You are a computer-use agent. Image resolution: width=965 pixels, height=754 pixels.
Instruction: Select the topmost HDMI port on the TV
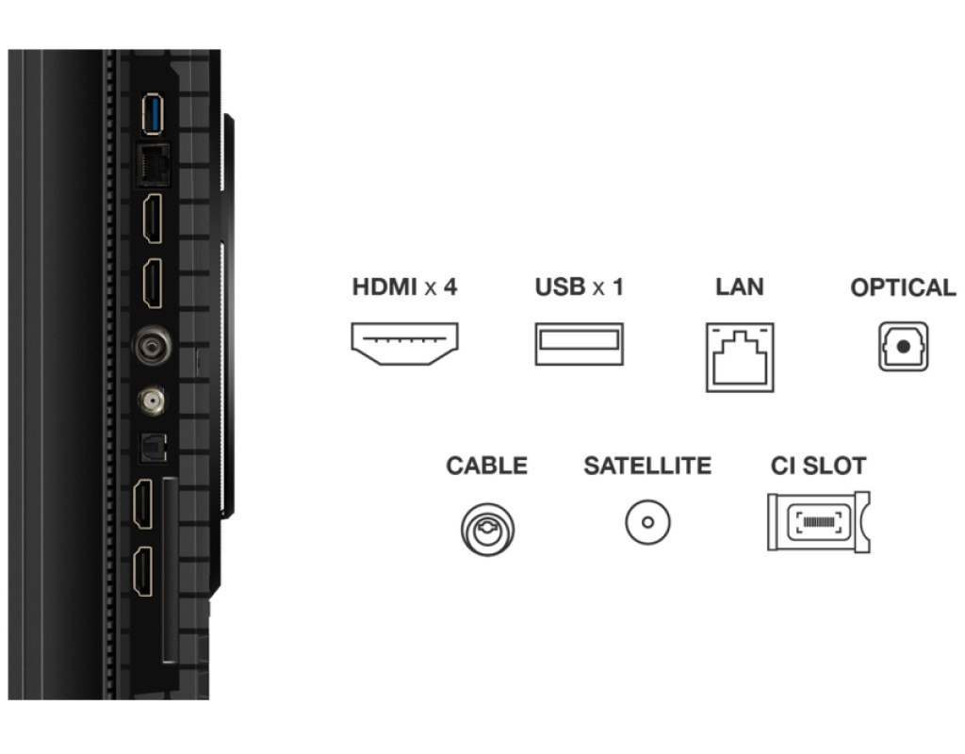(x=152, y=220)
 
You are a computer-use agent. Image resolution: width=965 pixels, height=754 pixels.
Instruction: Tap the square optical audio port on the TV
(x=152, y=450)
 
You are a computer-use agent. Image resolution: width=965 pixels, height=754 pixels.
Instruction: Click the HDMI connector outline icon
(x=404, y=344)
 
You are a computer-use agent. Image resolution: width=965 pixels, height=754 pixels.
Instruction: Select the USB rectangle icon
(x=579, y=344)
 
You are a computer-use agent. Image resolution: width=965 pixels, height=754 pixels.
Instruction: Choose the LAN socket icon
(x=740, y=356)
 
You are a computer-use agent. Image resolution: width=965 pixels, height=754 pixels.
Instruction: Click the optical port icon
(x=903, y=346)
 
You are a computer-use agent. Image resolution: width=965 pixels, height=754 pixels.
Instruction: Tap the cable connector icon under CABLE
(x=487, y=528)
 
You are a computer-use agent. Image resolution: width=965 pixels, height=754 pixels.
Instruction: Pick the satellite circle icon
(x=647, y=522)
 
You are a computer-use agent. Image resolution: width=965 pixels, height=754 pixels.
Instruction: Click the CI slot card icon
(x=817, y=521)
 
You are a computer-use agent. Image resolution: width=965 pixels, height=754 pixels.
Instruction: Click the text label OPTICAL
(x=903, y=288)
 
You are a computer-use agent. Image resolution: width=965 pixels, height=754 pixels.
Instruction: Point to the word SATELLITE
(x=647, y=466)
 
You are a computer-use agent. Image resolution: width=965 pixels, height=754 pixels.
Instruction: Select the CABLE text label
(x=486, y=466)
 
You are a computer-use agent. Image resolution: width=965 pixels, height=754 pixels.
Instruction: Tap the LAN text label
(x=739, y=287)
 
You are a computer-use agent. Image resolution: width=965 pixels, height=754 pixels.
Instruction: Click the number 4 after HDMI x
(x=450, y=287)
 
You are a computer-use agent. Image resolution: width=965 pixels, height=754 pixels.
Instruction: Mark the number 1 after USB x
(x=617, y=287)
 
